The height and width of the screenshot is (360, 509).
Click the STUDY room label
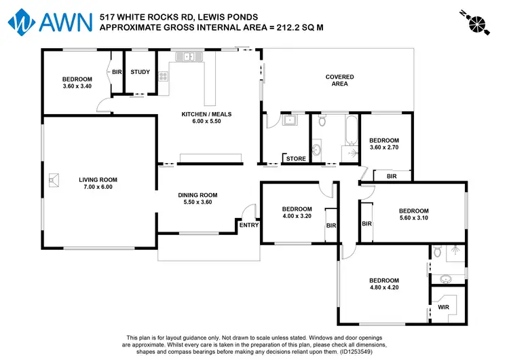click(140, 72)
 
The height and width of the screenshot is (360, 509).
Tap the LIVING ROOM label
click(98, 180)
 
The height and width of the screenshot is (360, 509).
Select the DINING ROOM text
click(197, 195)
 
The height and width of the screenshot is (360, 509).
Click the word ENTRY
click(248, 226)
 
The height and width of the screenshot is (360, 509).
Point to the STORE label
click(296, 159)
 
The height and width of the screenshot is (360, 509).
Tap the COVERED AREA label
click(337, 80)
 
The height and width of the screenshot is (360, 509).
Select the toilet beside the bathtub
click(321, 123)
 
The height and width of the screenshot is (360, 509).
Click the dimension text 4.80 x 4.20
click(383, 287)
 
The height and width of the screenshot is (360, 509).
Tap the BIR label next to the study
click(117, 72)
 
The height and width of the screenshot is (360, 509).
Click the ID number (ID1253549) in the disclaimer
click(364, 351)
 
